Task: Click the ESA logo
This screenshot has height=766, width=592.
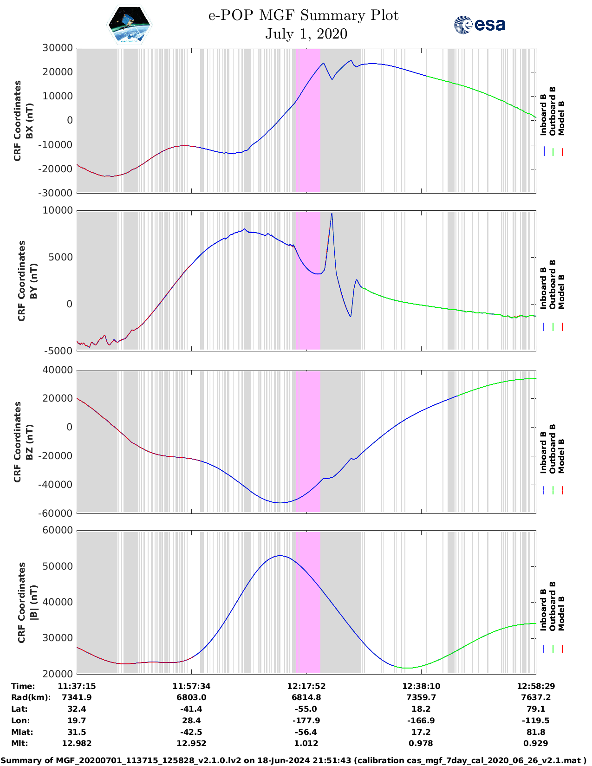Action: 479,25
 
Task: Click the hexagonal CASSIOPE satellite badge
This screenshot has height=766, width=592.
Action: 129,25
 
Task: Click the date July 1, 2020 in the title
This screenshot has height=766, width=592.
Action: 306,34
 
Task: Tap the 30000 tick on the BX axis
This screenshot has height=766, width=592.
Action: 58,48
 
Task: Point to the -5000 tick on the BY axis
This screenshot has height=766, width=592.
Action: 59,351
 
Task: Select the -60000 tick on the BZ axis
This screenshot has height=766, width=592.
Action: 56,513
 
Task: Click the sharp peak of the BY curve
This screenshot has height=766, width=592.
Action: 332,214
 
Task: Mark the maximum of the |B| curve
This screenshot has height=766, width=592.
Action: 280,556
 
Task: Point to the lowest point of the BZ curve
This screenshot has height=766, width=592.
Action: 280,503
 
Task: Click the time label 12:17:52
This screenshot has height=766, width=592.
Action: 306,686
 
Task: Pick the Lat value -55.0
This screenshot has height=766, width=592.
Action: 306,709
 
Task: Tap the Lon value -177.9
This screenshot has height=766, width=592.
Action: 306,721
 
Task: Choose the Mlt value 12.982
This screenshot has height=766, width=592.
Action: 77,743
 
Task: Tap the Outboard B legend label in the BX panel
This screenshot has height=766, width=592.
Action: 553,111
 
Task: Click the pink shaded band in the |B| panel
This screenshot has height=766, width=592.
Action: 308,604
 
